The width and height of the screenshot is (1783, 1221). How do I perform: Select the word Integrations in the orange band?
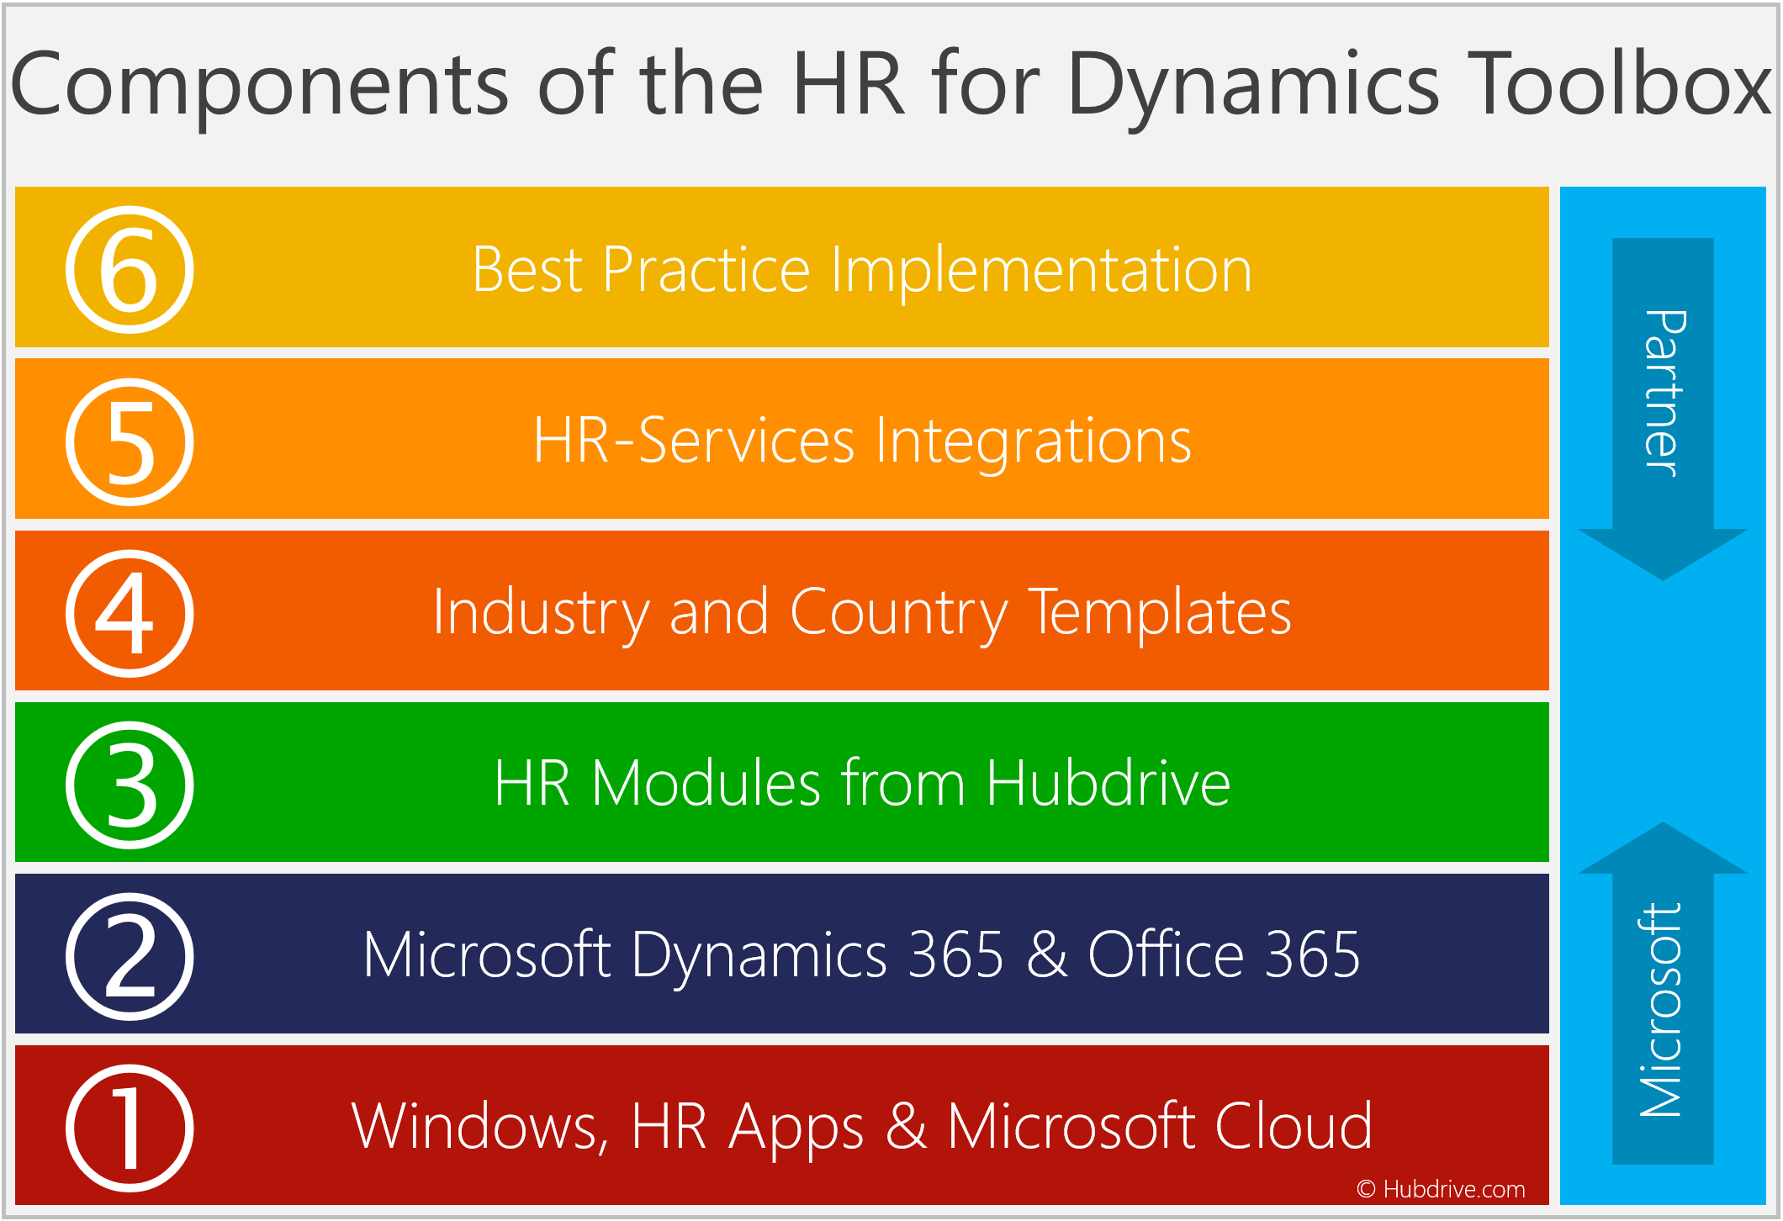click(1034, 442)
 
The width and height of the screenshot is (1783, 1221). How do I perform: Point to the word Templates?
click(1160, 614)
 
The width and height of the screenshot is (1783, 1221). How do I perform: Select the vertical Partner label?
click(1664, 394)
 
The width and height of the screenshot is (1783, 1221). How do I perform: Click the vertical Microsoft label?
click(1661, 1010)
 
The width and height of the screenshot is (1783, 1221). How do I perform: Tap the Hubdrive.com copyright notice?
click(1441, 1189)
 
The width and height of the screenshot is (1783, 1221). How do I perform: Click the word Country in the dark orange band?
click(899, 614)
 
